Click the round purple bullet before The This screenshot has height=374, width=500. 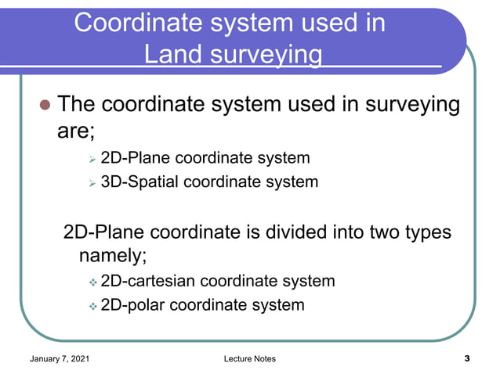(x=45, y=106)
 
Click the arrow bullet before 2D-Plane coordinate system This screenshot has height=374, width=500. (x=92, y=160)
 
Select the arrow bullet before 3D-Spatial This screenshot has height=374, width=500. (x=92, y=183)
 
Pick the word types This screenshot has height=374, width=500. (x=423, y=232)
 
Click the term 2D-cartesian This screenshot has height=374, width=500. (x=149, y=281)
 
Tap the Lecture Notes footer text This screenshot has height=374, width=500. (x=249, y=358)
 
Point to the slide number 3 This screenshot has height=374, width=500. (x=467, y=358)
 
